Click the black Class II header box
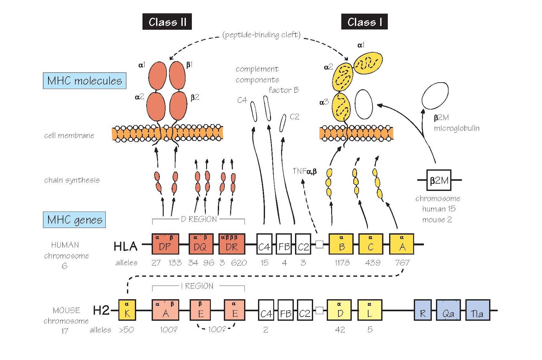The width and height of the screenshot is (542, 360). pos(167,22)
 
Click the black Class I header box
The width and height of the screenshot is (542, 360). pos(364,22)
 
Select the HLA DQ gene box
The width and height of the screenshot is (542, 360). pos(201,244)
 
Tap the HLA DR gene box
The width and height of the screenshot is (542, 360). pos(232,244)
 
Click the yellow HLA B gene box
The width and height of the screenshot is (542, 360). pos(341,244)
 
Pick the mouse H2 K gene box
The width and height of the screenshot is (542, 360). pos(127,310)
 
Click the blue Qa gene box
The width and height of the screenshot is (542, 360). pos(448,310)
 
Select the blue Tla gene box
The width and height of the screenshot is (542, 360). pos(478,310)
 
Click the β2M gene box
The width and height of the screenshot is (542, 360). pos(439,180)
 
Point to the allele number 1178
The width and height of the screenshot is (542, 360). pos(342,263)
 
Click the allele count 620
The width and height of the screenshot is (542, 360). pos(239,263)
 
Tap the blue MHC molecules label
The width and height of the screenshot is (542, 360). pos(85,81)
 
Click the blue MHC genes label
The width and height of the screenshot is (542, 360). pos(75,220)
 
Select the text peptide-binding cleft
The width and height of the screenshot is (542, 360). pos(262,35)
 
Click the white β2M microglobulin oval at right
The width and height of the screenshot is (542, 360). pos(435,96)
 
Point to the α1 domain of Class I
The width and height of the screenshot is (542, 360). pos(368,63)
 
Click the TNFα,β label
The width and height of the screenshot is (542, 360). pos(305,171)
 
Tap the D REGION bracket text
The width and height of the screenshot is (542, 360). pos(199,219)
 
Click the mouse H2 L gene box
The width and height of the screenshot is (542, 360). pos(370,310)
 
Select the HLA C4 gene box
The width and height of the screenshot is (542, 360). pos(264,244)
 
